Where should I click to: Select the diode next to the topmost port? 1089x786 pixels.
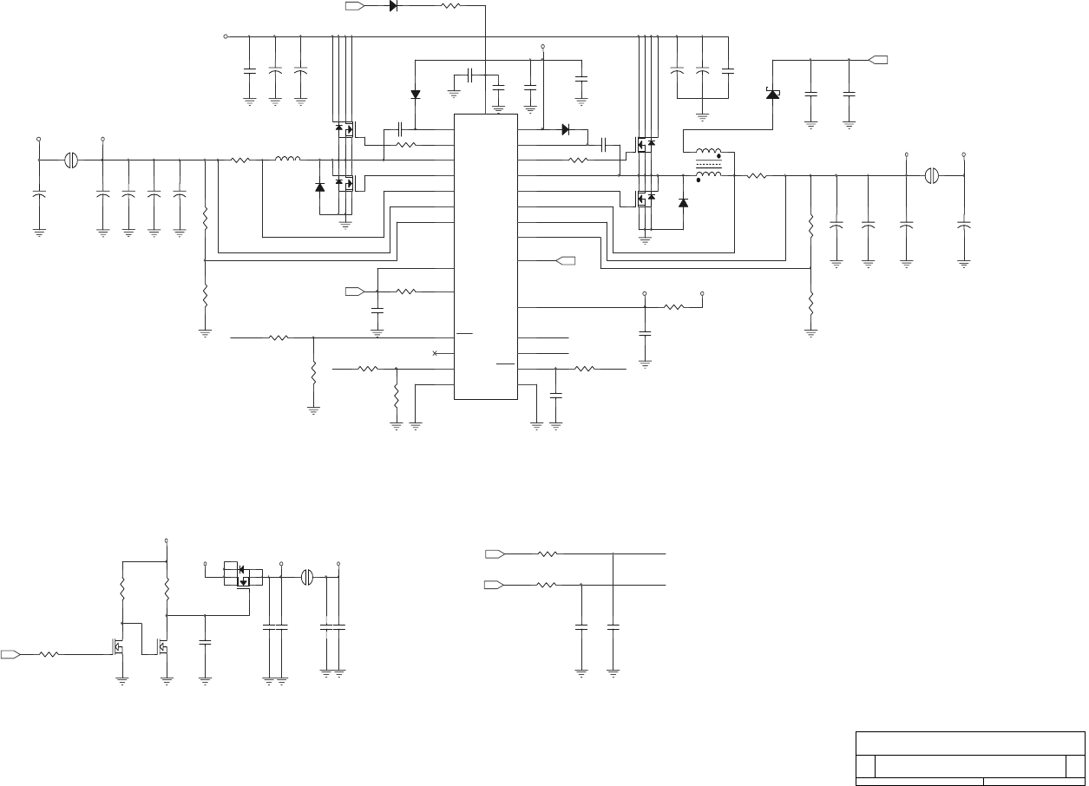tap(393, 5)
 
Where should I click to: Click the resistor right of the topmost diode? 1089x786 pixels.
tap(451, 5)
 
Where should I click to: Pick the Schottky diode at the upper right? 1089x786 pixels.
tap(771, 93)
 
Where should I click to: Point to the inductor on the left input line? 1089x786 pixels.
tap(287, 160)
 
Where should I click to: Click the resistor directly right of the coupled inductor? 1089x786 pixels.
tap(758, 176)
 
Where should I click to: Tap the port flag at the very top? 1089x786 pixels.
tap(354, 5)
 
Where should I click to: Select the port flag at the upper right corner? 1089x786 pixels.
tap(878, 60)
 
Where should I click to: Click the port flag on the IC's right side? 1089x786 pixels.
tap(565, 260)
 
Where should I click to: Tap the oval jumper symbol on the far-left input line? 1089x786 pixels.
tap(72, 160)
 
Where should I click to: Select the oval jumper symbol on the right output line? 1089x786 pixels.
tap(931, 176)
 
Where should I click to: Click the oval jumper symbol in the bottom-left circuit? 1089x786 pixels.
tap(306, 577)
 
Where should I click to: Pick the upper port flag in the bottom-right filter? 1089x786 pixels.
tap(495, 553)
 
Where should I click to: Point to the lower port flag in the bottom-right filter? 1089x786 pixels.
tap(495, 586)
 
